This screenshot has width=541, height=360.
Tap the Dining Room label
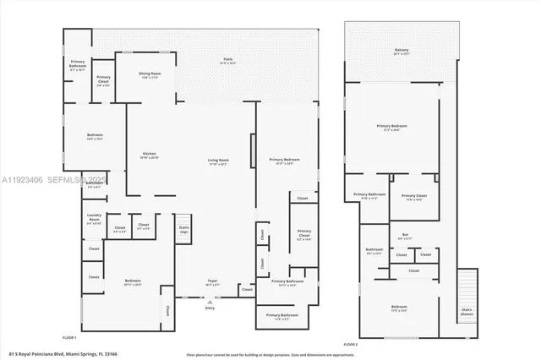point(150,75)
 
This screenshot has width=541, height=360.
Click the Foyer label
point(214,283)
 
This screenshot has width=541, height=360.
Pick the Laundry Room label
point(94,222)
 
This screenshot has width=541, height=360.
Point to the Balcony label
point(401,52)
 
